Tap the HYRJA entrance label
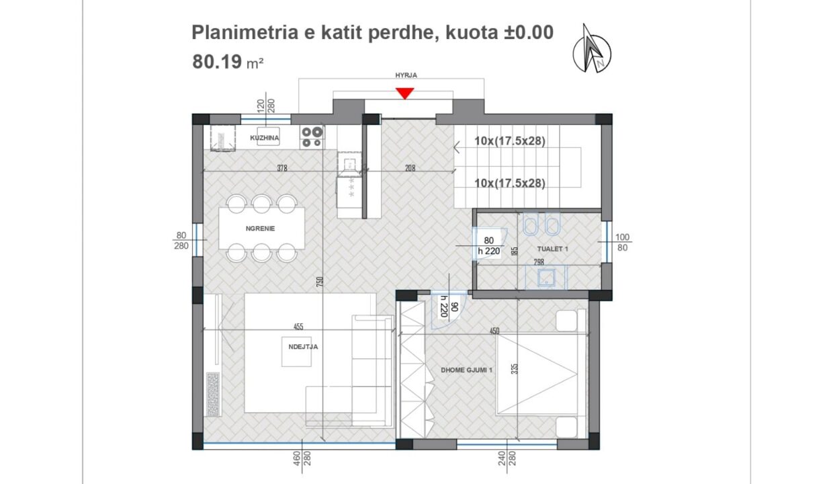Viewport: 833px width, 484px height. coord(406,75)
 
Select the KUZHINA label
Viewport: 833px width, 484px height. coord(265,138)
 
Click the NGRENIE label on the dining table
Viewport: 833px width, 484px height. coord(261,229)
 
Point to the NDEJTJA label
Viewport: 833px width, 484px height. coord(303,347)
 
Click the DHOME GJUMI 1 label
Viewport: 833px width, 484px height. coord(467,370)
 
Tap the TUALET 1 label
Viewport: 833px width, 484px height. coord(553,249)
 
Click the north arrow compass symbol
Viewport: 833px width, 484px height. coord(591,50)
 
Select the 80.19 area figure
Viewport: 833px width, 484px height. coord(217,62)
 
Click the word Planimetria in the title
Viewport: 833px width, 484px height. coord(245,32)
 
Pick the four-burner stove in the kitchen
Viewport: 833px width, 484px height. coord(312,137)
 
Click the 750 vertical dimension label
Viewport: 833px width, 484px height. coord(320,282)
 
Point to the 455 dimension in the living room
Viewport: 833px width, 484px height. coord(298,327)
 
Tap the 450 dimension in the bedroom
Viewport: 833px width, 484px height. coord(494,331)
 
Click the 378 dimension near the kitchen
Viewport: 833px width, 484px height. coord(282,168)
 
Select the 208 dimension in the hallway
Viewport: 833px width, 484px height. coord(410,168)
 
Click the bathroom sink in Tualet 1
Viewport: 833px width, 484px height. coord(545,277)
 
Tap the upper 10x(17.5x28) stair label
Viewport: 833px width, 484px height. coord(510,141)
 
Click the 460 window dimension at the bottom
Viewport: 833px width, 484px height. coord(296,458)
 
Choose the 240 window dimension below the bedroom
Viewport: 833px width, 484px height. coord(502,458)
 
